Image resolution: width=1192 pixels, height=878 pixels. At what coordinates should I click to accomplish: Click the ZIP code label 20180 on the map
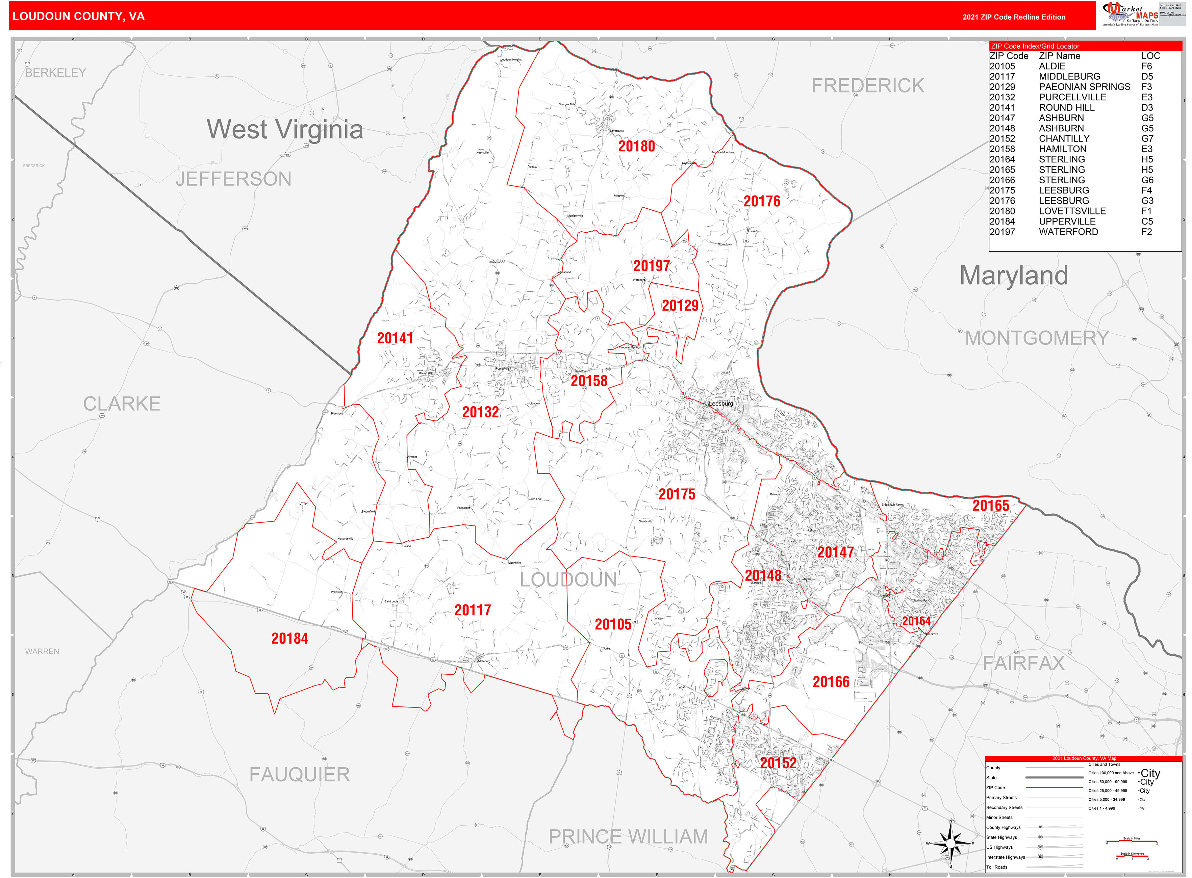[636, 146]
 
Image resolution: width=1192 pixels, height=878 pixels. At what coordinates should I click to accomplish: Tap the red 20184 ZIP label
[290, 638]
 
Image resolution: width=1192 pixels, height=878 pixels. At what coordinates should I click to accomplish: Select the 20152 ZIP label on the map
[778, 763]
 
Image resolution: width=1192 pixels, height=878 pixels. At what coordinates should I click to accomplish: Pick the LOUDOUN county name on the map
[568, 580]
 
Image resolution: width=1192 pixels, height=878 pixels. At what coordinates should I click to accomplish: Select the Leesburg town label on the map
[721, 404]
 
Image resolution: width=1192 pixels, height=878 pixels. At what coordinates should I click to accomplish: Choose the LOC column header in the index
[1150, 56]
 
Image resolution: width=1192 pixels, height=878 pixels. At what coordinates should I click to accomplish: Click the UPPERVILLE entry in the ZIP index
[1067, 221]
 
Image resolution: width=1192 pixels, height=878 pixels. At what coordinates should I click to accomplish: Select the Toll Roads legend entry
[997, 867]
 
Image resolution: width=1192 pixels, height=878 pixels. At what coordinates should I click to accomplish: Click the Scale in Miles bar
[1132, 841]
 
